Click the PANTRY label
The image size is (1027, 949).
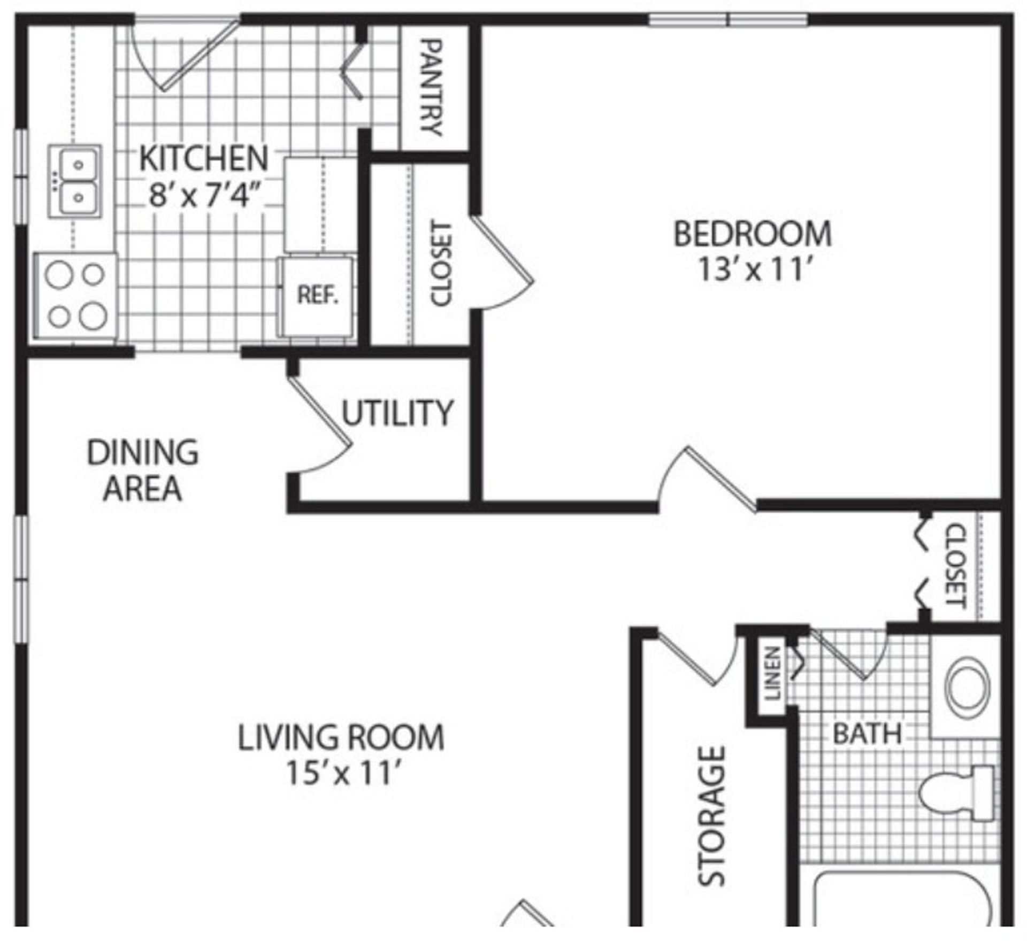(x=431, y=87)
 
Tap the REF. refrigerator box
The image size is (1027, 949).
(x=316, y=297)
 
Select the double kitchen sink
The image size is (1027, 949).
(x=74, y=181)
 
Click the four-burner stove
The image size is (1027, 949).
(x=75, y=296)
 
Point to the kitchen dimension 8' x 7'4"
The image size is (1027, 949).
(x=204, y=196)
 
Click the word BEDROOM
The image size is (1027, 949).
(x=753, y=234)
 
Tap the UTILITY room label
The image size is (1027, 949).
(x=397, y=413)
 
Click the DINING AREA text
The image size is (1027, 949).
(x=142, y=470)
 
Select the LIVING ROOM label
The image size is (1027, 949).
(x=341, y=738)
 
